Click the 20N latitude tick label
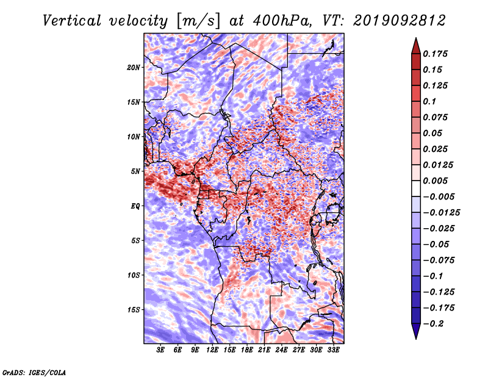(x=134, y=68)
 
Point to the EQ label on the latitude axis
(x=135, y=206)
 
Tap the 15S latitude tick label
(x=134, y=310)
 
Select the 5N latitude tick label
(x=135, y=171)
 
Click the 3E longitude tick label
(x=160, y=350)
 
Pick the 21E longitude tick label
(x=264, y=350)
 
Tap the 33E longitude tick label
(x=333, y=350)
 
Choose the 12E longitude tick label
(x=212, y=350)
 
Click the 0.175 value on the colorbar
(x=435, y=54)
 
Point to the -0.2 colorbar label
(x=433, y=324)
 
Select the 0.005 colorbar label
(x=435, y=181)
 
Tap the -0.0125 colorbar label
(x=441, y=213)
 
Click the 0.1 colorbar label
(x=429, y=101)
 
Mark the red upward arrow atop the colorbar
(x=416, y=46)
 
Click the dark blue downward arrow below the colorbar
(x=416, y=331)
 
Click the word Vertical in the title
(x=71, y=21)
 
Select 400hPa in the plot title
(x=282, y=21)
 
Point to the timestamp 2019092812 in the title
(x=400, y=21)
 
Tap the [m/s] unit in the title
(x=198, y=21)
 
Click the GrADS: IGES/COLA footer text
(x=34, y=373)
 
